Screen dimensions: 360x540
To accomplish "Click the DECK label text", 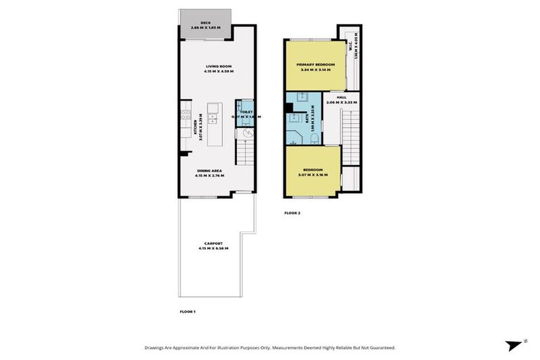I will pos(205,22).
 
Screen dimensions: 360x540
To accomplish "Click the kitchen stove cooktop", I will pos(186,117).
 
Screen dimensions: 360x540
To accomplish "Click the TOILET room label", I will pos(245,111).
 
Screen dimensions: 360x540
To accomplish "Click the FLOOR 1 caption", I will pos(187,310).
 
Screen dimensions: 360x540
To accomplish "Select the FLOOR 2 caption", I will pos(292,212).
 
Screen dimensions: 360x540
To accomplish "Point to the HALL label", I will pos(342,98).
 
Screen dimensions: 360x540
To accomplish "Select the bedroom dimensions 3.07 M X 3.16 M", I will pos(313,174).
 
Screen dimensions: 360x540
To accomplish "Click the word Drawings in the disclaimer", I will pos(157,347).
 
